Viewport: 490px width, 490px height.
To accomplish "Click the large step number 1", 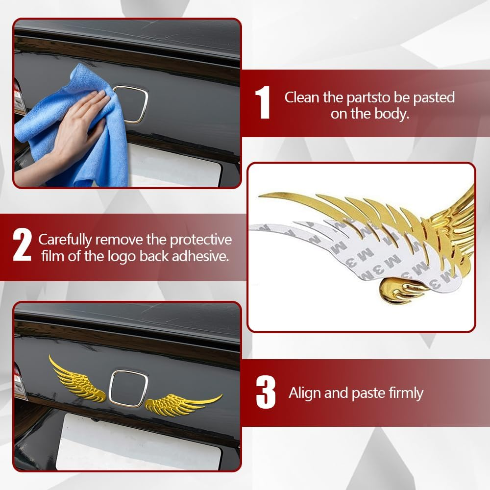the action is click(x=263, y=103).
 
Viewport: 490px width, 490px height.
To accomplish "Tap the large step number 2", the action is click(x=23, y=245).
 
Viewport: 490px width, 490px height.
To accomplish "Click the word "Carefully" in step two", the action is click(x=65, y=240).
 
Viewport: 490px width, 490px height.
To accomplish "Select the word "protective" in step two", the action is click(x=200, y=240).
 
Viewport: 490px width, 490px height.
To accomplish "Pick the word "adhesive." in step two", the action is click(x=200, y=256).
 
